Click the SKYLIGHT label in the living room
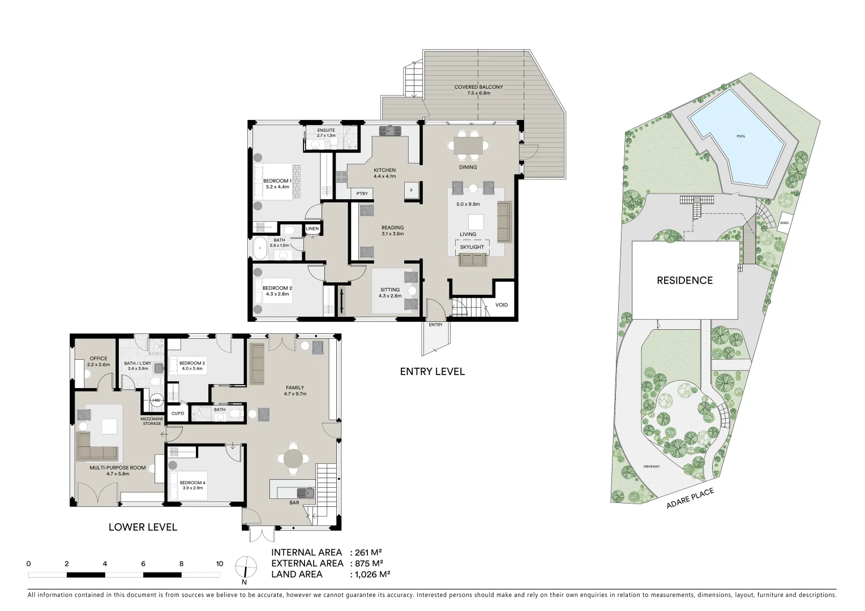[472, 247]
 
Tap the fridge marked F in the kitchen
[412, 191]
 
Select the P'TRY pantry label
[362, 194]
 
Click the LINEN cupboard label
[312, 229]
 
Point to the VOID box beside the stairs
[502, 305]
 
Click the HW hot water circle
[156, 401]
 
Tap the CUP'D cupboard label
[177, 414]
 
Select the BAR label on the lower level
[294, 502]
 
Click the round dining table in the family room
[293, 459]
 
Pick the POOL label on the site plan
[741, 136]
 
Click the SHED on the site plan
[784, 222]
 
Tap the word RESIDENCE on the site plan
[684, 280]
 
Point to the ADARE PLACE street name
[690, 499]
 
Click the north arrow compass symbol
[245, 567]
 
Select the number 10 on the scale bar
[219, 563]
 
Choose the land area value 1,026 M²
[372, 574]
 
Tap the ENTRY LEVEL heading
[432, 372]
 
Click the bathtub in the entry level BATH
[260, 247]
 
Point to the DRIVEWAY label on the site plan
[651, 467]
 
